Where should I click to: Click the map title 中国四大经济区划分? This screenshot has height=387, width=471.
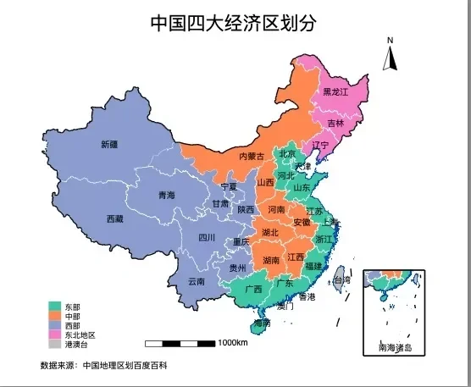pos(235,23)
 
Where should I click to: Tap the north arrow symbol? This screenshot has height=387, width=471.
pos(391,58)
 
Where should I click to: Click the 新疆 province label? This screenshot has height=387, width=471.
pos(109,144)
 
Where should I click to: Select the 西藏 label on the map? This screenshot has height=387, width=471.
pos(114,218)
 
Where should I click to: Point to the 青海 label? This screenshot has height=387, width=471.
pos(166,196)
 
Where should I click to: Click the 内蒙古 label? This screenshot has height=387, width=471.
pos(251,156)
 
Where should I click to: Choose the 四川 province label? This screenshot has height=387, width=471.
pos(207,237)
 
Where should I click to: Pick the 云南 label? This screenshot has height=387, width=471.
pos(197,281)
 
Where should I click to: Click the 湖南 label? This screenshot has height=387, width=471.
pos(272,260)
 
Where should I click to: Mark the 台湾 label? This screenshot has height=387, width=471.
pos(341,279)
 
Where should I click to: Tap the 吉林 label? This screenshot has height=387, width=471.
pos(335,124)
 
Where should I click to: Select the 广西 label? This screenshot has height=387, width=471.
pos(252,289)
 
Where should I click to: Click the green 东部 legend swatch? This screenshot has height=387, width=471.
pos(55,307)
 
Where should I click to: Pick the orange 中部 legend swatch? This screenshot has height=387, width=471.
pos(55,316)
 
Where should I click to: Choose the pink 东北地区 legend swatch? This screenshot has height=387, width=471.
pos(55,334)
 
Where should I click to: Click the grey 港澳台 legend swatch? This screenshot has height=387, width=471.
pos(55,345)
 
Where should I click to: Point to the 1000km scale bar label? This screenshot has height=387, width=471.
pos(232,343)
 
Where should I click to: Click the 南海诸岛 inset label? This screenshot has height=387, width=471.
pos(394,347)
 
